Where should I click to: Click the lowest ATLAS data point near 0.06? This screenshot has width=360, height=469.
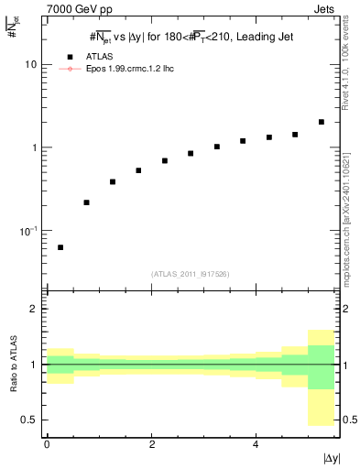click(60, 247)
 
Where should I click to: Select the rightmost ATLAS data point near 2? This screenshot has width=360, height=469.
click(321, 122)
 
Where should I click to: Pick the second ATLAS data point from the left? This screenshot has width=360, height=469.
click(86, 202)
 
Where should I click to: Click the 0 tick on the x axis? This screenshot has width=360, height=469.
click(47, 444)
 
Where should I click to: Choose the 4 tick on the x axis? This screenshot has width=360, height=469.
click(256, 444)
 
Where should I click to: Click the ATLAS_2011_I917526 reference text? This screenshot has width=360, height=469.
click(191, 275)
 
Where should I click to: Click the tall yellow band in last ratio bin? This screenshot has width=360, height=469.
click(321, 408)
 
